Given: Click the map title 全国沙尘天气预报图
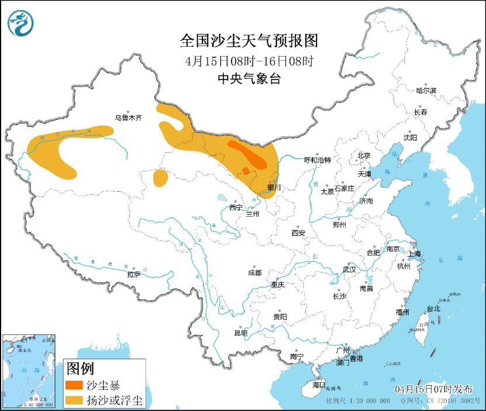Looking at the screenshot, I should pos(249,41).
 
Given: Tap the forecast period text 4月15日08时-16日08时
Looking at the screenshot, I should pos(249,60).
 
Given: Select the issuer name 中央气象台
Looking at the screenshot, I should pos(249,78).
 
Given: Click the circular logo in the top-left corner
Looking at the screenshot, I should pos(20,23).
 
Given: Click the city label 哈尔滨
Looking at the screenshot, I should pos(426,91).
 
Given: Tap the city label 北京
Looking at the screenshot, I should pos(363,156).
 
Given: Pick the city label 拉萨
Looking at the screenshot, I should pos(133,274).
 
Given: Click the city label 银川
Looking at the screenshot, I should pos(274,187).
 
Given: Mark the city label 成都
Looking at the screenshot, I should pos(254,273).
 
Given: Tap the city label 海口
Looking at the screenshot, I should pos(318,385).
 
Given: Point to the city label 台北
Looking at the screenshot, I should pos(433,308).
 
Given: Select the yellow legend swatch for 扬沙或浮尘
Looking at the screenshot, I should pos(74,400).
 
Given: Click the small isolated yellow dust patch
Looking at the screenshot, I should pos(160,177).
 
